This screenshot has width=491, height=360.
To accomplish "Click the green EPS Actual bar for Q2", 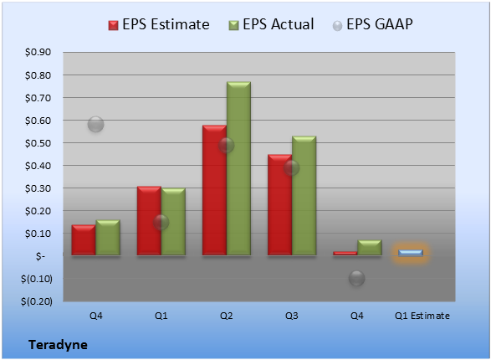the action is (238, 168).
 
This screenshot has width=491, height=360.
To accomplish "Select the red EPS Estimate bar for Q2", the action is (214, 190).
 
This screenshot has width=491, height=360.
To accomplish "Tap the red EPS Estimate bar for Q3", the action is (279, 205).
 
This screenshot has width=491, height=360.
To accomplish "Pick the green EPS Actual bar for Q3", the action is (304, 196).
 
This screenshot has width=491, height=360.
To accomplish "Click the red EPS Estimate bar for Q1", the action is (149, 220).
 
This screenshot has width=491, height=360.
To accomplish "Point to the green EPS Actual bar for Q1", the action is (173, 222).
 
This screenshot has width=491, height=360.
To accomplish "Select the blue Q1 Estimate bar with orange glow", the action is (411, 253).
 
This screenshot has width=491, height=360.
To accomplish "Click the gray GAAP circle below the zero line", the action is (356, 278).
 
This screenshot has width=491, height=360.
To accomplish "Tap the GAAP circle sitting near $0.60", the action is (96, 125).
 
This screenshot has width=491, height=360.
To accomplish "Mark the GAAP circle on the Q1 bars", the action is (161, 223).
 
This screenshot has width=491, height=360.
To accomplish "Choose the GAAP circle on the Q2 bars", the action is (226, 146).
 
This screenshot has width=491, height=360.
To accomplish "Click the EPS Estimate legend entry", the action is (159, 24).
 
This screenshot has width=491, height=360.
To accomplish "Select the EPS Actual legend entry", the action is (271, 24).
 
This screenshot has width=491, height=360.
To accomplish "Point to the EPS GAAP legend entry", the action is (372, 24).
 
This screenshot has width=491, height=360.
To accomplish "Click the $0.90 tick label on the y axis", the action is (38, 52).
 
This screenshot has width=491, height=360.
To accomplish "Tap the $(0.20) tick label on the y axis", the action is (37, 301).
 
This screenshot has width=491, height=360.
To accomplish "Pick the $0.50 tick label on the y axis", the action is (38, 143).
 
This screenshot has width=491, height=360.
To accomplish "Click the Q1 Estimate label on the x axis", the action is (422, 316).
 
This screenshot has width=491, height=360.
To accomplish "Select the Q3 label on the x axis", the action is (292, 316).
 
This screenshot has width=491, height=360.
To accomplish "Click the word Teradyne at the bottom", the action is (59, 345).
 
